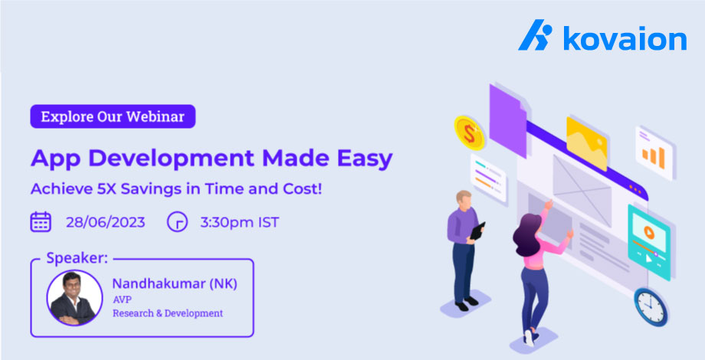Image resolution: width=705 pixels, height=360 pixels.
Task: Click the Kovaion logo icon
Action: click(535, 36)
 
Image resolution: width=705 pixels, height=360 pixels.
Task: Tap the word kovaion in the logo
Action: click(625, 38)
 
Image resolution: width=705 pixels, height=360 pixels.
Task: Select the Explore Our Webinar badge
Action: click(113, 116)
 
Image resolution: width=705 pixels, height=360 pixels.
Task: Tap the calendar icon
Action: click(41, 222)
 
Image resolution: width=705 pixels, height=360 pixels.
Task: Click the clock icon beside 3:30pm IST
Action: click(177, 222)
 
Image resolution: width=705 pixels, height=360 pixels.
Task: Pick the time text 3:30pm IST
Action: click(239, 223)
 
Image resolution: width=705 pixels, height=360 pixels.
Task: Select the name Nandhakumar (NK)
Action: click(174, 283)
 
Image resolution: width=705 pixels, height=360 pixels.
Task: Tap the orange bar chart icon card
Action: click(654, 154)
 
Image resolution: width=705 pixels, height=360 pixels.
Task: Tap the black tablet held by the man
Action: click(476, 231)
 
